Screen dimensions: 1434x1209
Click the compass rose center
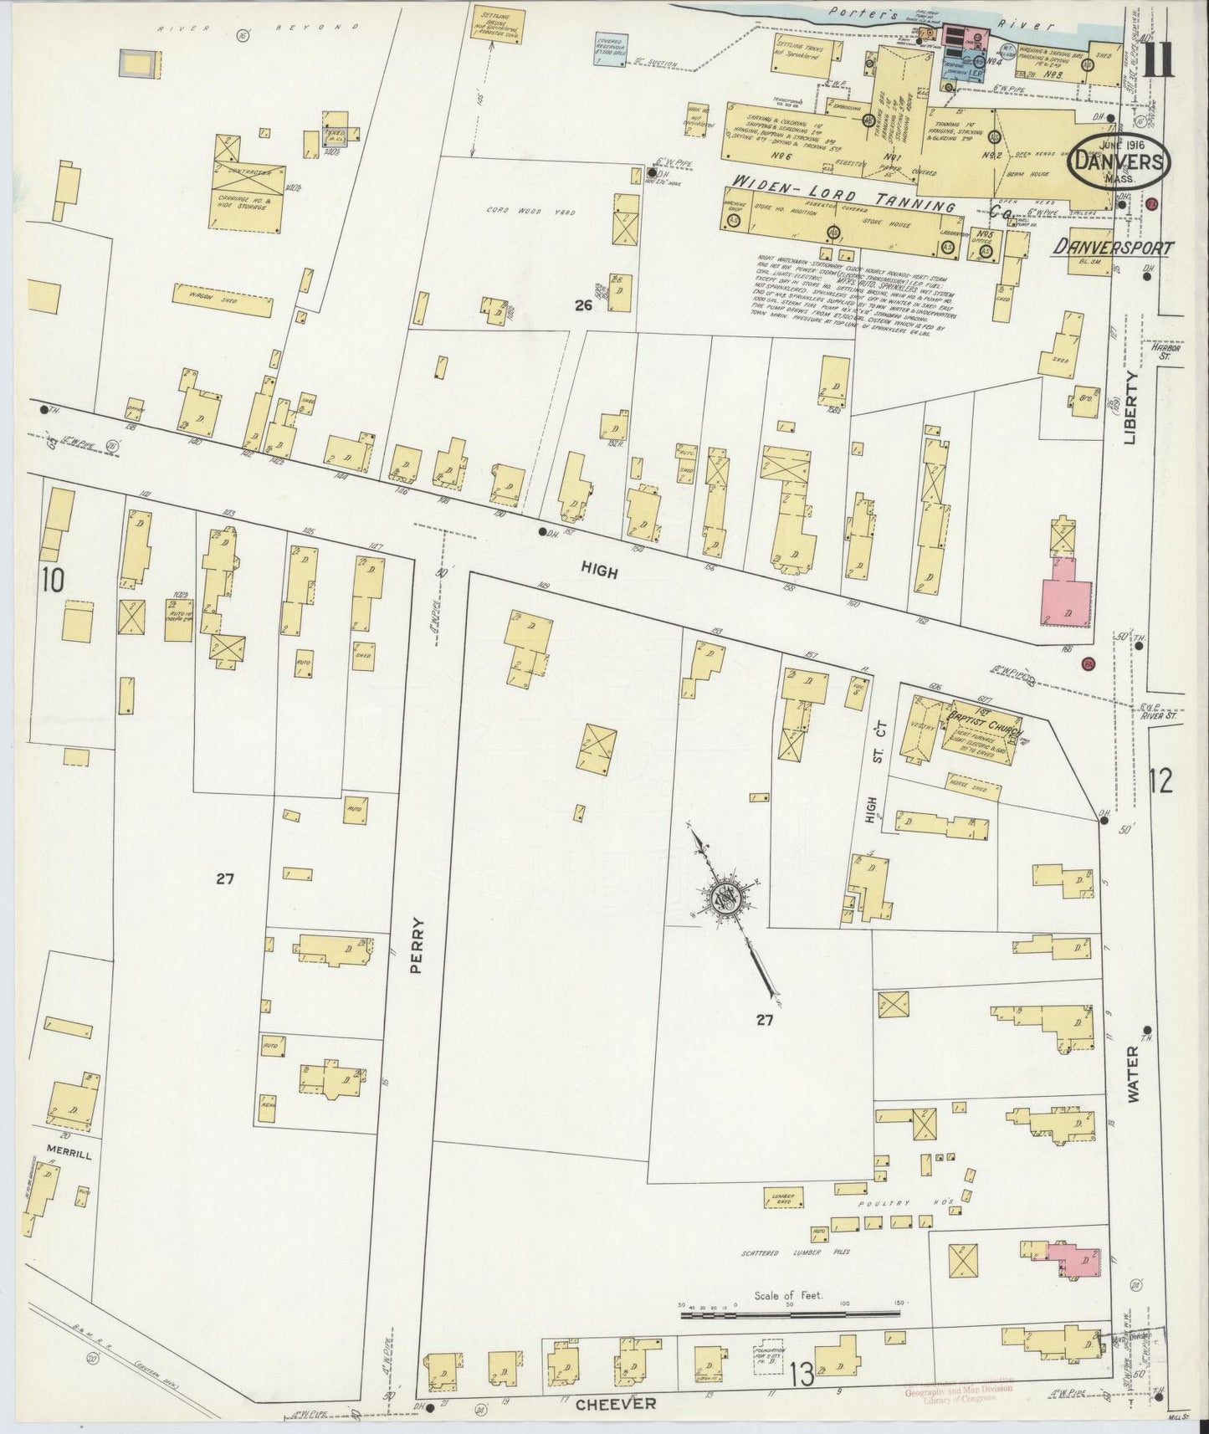point(725,900)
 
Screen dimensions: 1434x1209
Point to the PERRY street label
point(418,946)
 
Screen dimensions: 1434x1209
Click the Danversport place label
point(1113,247)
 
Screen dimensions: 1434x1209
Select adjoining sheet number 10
point(52,580)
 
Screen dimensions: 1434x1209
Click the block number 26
point(583,306)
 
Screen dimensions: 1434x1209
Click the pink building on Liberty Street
point(1065,590)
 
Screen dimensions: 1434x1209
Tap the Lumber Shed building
point(778,1197)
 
